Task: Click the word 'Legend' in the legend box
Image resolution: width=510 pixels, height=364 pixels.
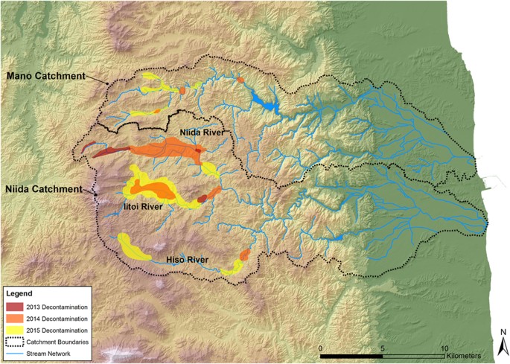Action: point(19,295)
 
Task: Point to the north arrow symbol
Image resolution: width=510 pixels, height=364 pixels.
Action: point(503,345)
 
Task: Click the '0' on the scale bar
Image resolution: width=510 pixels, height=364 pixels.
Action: point(321,348)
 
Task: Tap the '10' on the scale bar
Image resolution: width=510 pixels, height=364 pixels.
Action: point(444,348)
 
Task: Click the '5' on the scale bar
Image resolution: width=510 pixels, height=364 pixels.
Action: point(383,348)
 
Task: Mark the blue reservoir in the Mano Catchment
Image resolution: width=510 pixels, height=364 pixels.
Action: point(263,100)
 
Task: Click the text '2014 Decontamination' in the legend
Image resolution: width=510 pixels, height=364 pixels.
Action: point(60,318)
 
